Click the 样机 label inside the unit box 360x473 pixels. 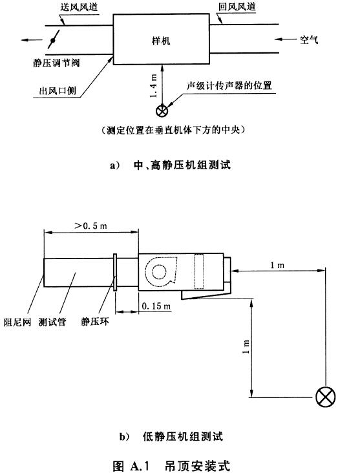(161, 41)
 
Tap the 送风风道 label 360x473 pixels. (79, 7)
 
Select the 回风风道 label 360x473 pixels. (237, 6)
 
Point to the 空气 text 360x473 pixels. (309, 39)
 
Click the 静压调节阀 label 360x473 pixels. (56, 63)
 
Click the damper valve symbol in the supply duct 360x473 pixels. (53, 40)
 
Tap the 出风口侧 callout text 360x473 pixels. (58, 90)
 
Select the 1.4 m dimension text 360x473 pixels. (154, 86)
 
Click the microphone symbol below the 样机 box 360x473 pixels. (162, 111)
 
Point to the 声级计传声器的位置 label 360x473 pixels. (229, 86)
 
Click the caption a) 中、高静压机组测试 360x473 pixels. (171, 165)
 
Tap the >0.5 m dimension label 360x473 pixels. (91, 226)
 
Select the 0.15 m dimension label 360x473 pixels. (156, 306)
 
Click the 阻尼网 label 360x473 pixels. (17, 322)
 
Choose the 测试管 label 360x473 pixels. (52, 322)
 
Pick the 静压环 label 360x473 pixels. (95, 322)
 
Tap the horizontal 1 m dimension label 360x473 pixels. (277, 265)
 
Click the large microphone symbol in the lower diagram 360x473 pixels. (326, 397)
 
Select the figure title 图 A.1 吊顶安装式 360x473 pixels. (171, 466)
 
